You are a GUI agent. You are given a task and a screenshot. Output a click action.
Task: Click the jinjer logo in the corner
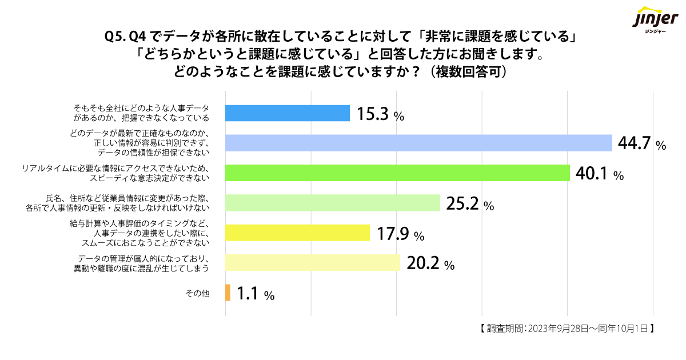653,20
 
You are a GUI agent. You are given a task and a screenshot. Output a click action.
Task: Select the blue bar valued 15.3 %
288,113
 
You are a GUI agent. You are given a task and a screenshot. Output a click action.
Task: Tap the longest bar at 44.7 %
418,143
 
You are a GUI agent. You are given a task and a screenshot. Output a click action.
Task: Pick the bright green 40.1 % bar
398,173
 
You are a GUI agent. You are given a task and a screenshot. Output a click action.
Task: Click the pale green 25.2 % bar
333,203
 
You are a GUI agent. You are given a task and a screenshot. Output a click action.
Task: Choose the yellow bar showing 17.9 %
298,233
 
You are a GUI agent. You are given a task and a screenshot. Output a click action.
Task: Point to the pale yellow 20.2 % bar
313,262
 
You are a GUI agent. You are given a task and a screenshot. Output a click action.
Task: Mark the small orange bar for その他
228,293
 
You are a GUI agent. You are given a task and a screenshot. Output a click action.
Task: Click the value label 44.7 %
642,144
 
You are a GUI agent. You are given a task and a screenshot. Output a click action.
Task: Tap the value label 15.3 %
380,114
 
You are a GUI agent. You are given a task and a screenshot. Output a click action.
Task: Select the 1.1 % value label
256,294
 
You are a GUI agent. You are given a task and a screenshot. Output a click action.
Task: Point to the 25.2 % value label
469,204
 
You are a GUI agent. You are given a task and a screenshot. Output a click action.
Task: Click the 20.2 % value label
430,263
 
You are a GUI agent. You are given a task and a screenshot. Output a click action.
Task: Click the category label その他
198,293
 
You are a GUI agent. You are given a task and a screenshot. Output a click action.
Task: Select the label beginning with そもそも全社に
141,113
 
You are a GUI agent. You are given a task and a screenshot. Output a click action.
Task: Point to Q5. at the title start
116,38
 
